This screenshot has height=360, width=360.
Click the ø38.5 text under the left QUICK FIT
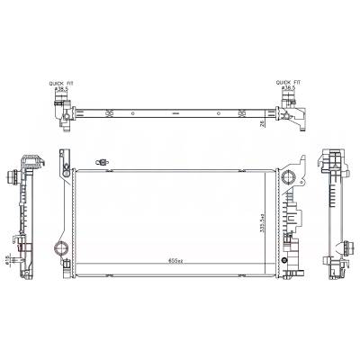tap(60, 88)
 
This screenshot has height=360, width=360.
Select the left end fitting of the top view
tap(63, 113)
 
